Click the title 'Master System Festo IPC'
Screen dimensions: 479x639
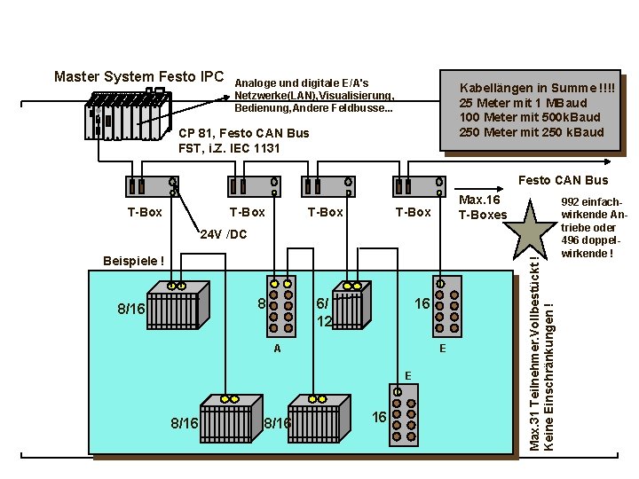pos(139,76)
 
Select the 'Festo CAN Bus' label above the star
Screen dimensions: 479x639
pos(563,181)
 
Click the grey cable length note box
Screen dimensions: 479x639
pos(530,110)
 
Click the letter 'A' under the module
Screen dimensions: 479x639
pos(277,349)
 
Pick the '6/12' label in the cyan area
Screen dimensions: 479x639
pos(322,310)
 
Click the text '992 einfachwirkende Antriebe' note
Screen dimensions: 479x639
pos(588,227)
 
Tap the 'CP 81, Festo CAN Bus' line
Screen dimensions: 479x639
pos(244,133)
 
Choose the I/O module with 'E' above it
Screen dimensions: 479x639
pos(403,412)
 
